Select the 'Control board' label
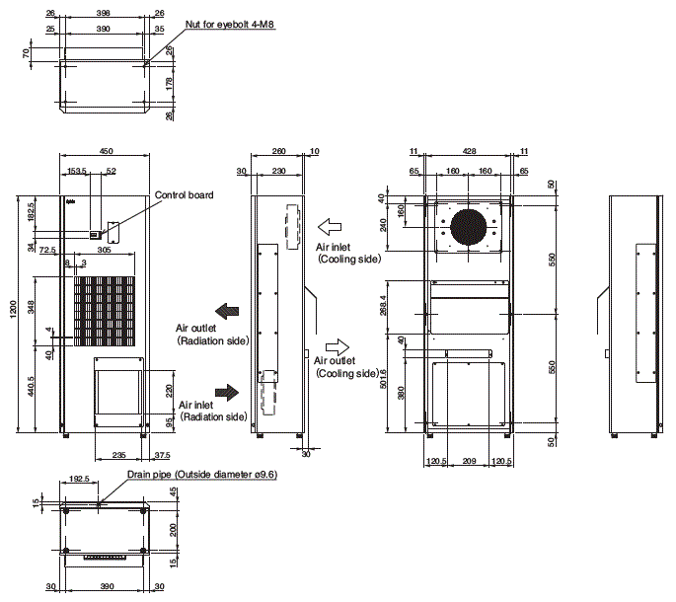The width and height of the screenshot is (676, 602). (x=184, y=195)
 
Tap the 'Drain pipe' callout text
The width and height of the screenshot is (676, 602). (x=201, y=475)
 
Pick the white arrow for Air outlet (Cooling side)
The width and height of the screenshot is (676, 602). (x=337, y=346)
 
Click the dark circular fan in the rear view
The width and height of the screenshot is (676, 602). (x=470, y=226)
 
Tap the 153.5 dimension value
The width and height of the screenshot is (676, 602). (x=78, y=172)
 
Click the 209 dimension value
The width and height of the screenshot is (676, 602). (x=470, y=461)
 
